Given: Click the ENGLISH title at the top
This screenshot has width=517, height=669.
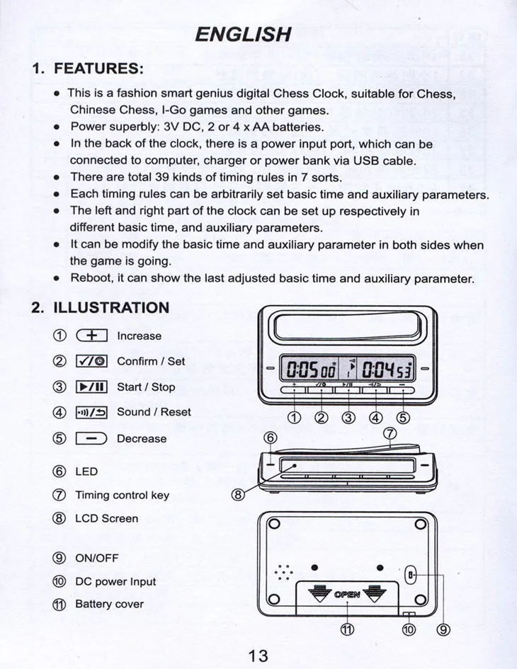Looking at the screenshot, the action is pyautogui.click(x=243, y=33).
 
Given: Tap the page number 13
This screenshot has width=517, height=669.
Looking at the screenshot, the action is pyautogui.click(x=258, y=656).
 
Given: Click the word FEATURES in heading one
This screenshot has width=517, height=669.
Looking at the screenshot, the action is pyautogui.click(x=98, y=69).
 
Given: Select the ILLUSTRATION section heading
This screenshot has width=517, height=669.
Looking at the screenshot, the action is pyautogui.click(x=111, y=307).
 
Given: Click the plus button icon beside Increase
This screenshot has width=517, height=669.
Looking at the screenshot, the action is pyautogui.click(x=91, y=336).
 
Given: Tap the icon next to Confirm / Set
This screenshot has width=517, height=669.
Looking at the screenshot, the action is pyautogui.click(x=91, y=361).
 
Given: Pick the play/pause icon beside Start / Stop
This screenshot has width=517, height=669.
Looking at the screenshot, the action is pyautogui.click(x=91, y=387).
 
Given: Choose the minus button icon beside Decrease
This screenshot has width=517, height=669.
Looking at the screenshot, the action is pyautogui.click(x=91, y=438).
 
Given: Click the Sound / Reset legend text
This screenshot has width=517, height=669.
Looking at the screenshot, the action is pyautogui.click(x=154, y=411).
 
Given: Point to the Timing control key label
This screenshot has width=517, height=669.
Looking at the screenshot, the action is pyautogui.click(x=122, y=495).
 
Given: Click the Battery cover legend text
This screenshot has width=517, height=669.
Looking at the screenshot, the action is pyautogui.click(x=109, y=604).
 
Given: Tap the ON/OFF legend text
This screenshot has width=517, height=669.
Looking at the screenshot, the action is pyautogui.click(x=96, y=557).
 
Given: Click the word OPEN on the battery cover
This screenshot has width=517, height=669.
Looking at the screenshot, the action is pyautogui.click(x=347, y=594).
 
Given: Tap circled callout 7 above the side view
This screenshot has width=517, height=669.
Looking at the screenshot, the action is pyautogui.click(x=388, y=433).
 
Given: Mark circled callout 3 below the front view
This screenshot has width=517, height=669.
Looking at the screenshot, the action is pyautogui.click(x=348, y=416).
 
